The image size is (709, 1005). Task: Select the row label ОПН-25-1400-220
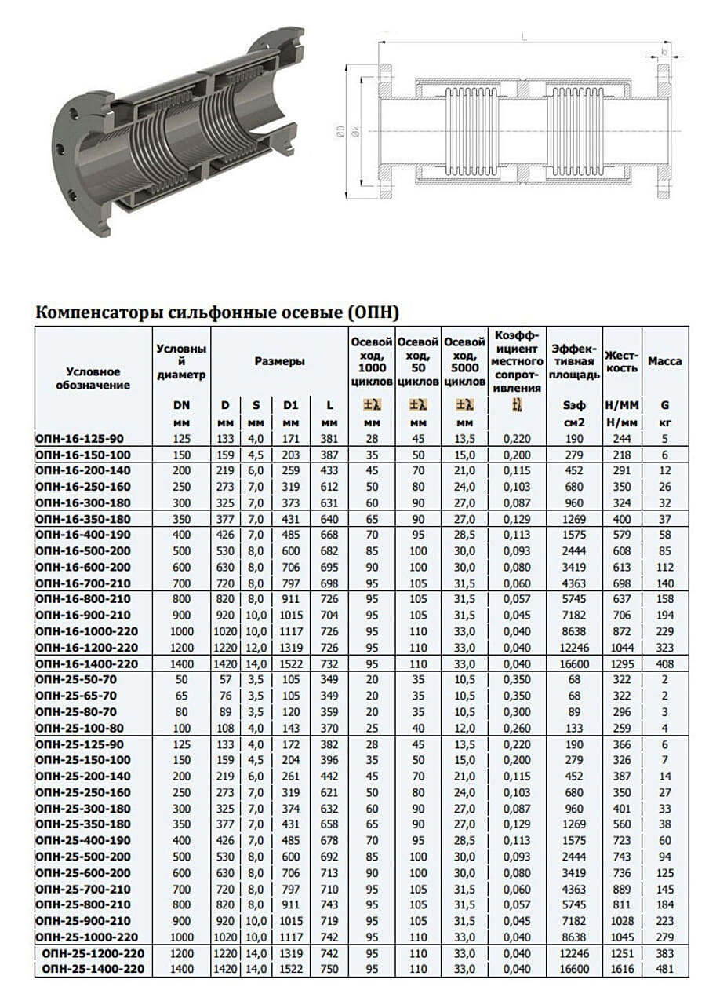click(93, 970)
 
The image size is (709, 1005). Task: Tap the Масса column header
click(664, 361)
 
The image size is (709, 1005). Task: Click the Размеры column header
click(279, 361)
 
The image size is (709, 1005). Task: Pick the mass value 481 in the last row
click(664, 970)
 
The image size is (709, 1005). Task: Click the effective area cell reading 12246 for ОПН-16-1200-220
click(574, 648)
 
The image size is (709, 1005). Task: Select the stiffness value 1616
click(621, 970)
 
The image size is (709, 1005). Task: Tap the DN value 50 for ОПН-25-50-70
click(181, 680)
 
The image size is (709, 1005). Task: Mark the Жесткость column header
click(621, 361)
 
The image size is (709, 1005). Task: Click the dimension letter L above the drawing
click(523, 35)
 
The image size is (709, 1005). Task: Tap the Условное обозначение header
click(93, 378)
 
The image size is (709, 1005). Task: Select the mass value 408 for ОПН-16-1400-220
click(664, 663)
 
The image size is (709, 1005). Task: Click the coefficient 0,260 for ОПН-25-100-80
click(517, 728)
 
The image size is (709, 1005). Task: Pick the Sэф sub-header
click(574, 406)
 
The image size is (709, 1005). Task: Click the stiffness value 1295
click(621, 663)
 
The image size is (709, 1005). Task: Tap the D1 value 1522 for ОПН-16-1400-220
click(291, 663)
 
